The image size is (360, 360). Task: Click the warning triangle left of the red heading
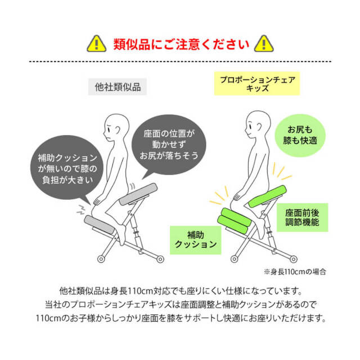[x=96, y=44]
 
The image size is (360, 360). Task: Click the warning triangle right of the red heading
[x=264, y=44]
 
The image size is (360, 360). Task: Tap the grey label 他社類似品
[x=118, y=87]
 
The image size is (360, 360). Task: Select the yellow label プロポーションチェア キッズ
[x=257, y=84]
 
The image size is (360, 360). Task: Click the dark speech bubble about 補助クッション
[x=67, y=168]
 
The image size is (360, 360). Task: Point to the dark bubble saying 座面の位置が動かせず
[x=169, y=144]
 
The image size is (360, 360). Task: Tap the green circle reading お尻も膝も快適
[x=300, y=135]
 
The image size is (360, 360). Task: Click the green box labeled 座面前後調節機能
[x=303, y=218]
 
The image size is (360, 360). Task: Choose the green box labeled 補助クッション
[x=196, y=240]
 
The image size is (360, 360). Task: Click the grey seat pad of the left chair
[x=138, y=194]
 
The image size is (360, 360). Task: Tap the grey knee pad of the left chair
[x=99, y=224]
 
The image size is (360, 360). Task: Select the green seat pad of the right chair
[x=268, y=196]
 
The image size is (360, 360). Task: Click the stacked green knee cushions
[x=233, y=220]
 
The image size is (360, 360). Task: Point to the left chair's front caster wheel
[x=101, y=259]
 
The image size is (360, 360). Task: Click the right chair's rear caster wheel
[x=294, y=259]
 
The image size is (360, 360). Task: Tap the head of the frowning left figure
[x=116, y=128]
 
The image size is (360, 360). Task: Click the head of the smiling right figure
[x=258, y=124]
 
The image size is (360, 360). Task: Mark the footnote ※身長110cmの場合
[x=295, y=272]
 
